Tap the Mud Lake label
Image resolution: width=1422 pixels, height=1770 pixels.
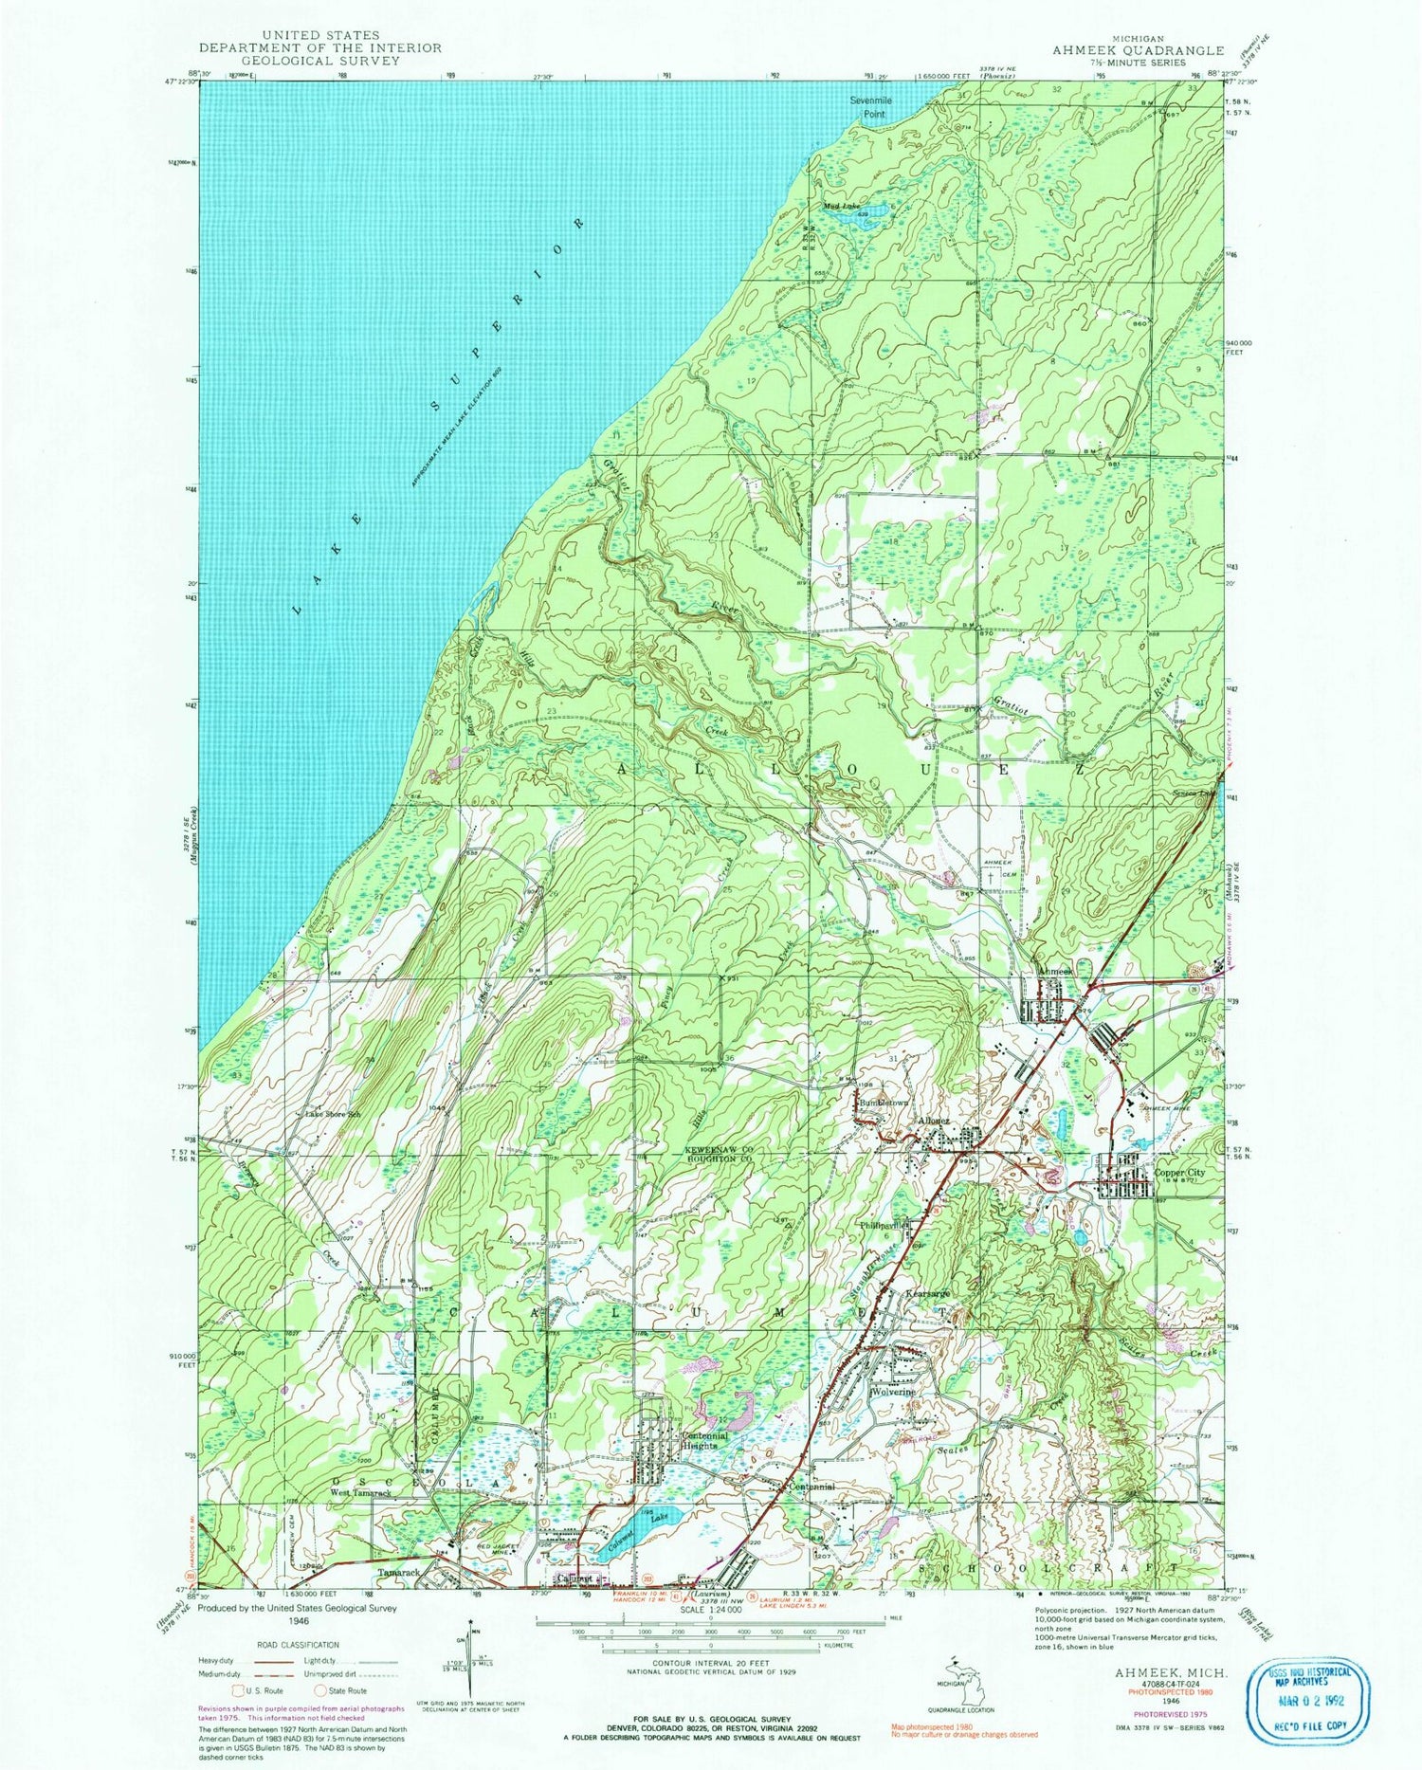[840, 206]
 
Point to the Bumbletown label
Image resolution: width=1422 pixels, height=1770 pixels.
[883, 1104]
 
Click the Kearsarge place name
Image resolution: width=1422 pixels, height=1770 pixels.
[928, 1293]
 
